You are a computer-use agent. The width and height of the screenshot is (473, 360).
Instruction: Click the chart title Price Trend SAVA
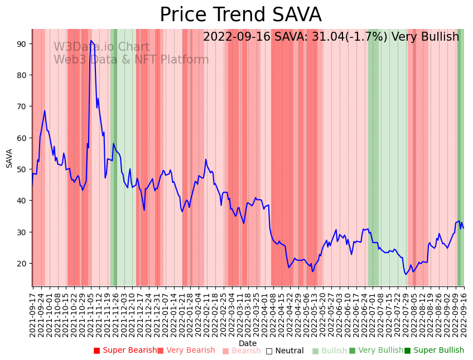240,15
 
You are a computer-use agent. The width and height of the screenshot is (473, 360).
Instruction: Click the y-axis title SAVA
9,158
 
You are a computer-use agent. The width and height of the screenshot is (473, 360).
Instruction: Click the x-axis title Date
248,343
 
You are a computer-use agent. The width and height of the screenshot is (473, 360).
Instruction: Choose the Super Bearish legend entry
126,351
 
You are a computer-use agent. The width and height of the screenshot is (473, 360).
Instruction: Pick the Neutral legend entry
285,351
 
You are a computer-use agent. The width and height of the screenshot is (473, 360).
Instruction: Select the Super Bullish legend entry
435,351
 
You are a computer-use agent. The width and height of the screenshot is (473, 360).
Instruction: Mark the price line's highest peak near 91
90,40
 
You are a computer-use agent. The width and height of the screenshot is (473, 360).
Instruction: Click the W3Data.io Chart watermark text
102,47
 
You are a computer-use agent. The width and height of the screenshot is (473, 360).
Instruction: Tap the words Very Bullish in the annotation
425,37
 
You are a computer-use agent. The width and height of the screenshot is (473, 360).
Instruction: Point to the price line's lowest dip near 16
406,274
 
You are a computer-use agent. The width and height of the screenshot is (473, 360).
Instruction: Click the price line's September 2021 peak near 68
45,111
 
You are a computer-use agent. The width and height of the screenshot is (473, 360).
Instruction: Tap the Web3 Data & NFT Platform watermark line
131,60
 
